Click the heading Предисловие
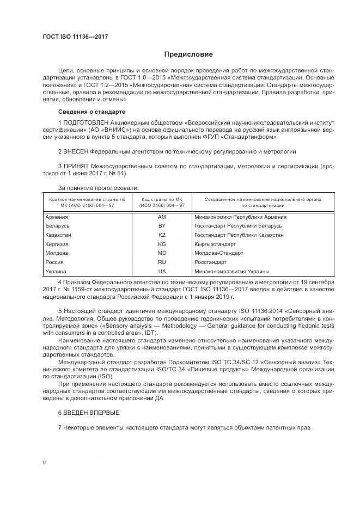(189, 54)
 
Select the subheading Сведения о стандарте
(88, 112)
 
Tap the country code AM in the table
(162, 217)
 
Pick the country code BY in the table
(162, 226)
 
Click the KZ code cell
(162, 235)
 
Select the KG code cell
(162, 244)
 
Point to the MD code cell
(162, 253)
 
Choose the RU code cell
(162, 262)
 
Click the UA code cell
(162, 271)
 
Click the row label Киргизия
(58, 244)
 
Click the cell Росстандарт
(210, 262)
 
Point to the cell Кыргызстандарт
(215, 244)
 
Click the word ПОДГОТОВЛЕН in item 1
(88, 123)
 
